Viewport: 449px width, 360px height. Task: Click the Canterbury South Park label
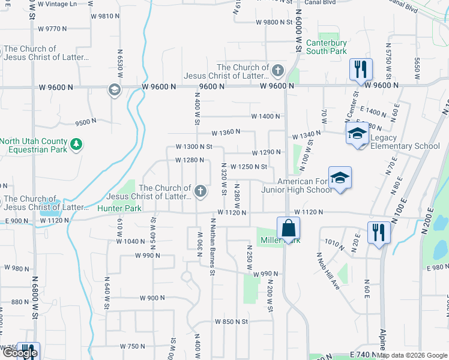pos(327,47)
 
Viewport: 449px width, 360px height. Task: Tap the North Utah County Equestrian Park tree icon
pos(76,144)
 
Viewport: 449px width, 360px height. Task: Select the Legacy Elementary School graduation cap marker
pos(357,133)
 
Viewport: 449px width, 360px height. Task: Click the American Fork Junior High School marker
pos(340,178)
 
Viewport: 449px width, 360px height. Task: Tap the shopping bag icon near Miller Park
pos(288,228)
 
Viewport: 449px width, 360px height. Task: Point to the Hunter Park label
pos(120,209)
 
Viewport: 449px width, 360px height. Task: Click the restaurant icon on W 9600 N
pos(361,69)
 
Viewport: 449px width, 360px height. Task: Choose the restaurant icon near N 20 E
pos(378,232)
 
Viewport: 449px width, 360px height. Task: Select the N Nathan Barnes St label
pos(212,246)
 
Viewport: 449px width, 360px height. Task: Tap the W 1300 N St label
pos(194,146)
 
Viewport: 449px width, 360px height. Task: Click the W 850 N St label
pos(231,322)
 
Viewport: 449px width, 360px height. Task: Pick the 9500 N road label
pos(86,121)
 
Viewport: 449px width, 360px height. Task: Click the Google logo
pos(20,353)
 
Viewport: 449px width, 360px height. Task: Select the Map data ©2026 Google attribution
pos(412,355)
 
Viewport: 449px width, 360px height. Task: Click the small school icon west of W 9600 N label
pos(113,90)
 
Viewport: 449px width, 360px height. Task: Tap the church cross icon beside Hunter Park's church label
pos(200,192)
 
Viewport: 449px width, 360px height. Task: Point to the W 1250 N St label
pos(249,167)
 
